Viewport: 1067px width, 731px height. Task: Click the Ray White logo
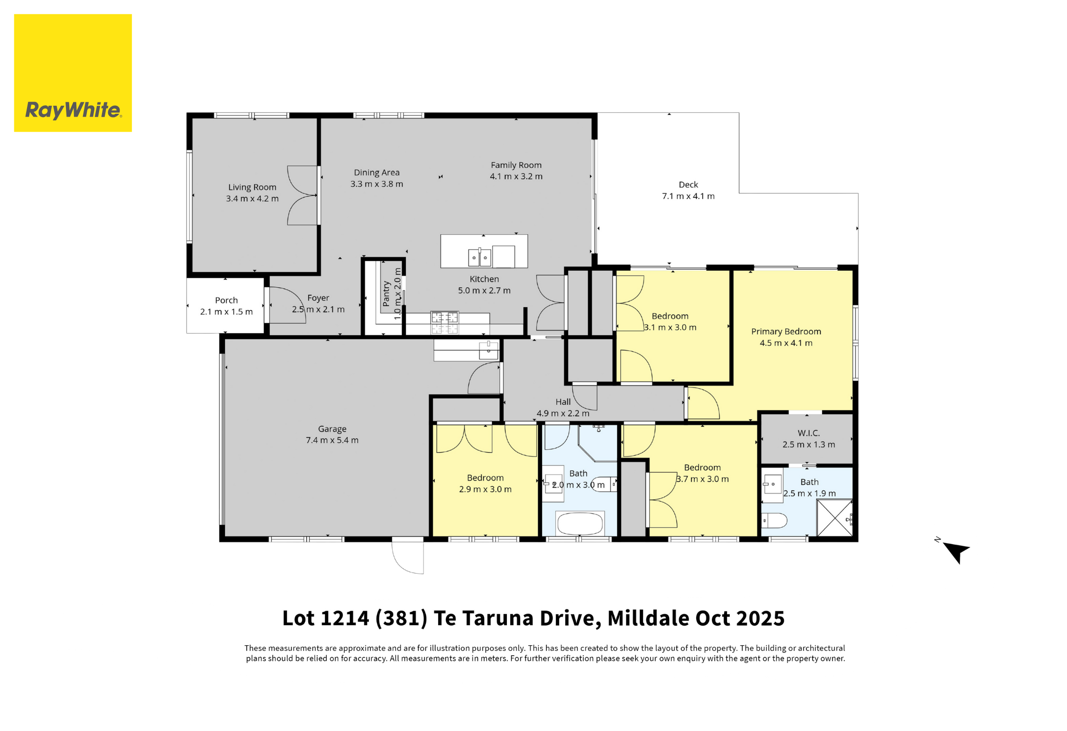click(x=73, y=73)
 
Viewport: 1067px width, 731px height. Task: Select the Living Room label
click(x=252, y=187)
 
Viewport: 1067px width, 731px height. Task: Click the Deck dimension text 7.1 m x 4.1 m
click(x=688, y=196)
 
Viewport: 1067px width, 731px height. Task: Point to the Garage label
click(x=332, y=429)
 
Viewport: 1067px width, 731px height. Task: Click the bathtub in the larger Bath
click(x=580, y=524)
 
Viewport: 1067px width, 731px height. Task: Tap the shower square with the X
click(x=835, y=518)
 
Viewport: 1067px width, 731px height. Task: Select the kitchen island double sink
click(x=479, y=257)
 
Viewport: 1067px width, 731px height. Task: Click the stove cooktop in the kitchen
click(x=444, y=322)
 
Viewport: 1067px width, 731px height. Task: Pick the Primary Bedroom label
click(x=786, y=332)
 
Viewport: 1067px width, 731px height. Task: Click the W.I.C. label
click(x=809, y=433)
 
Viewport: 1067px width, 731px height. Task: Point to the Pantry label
click(x=386, y=294)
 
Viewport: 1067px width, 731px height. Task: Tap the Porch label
click(x=226, y=301)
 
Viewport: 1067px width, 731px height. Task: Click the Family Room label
click(x=516, y=165)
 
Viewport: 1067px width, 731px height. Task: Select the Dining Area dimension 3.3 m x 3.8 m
click(x=377, y=184)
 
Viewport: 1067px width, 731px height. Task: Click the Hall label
click(x=563, y=402)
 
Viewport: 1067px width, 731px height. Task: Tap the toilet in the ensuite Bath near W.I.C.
click(x=774, y=521)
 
